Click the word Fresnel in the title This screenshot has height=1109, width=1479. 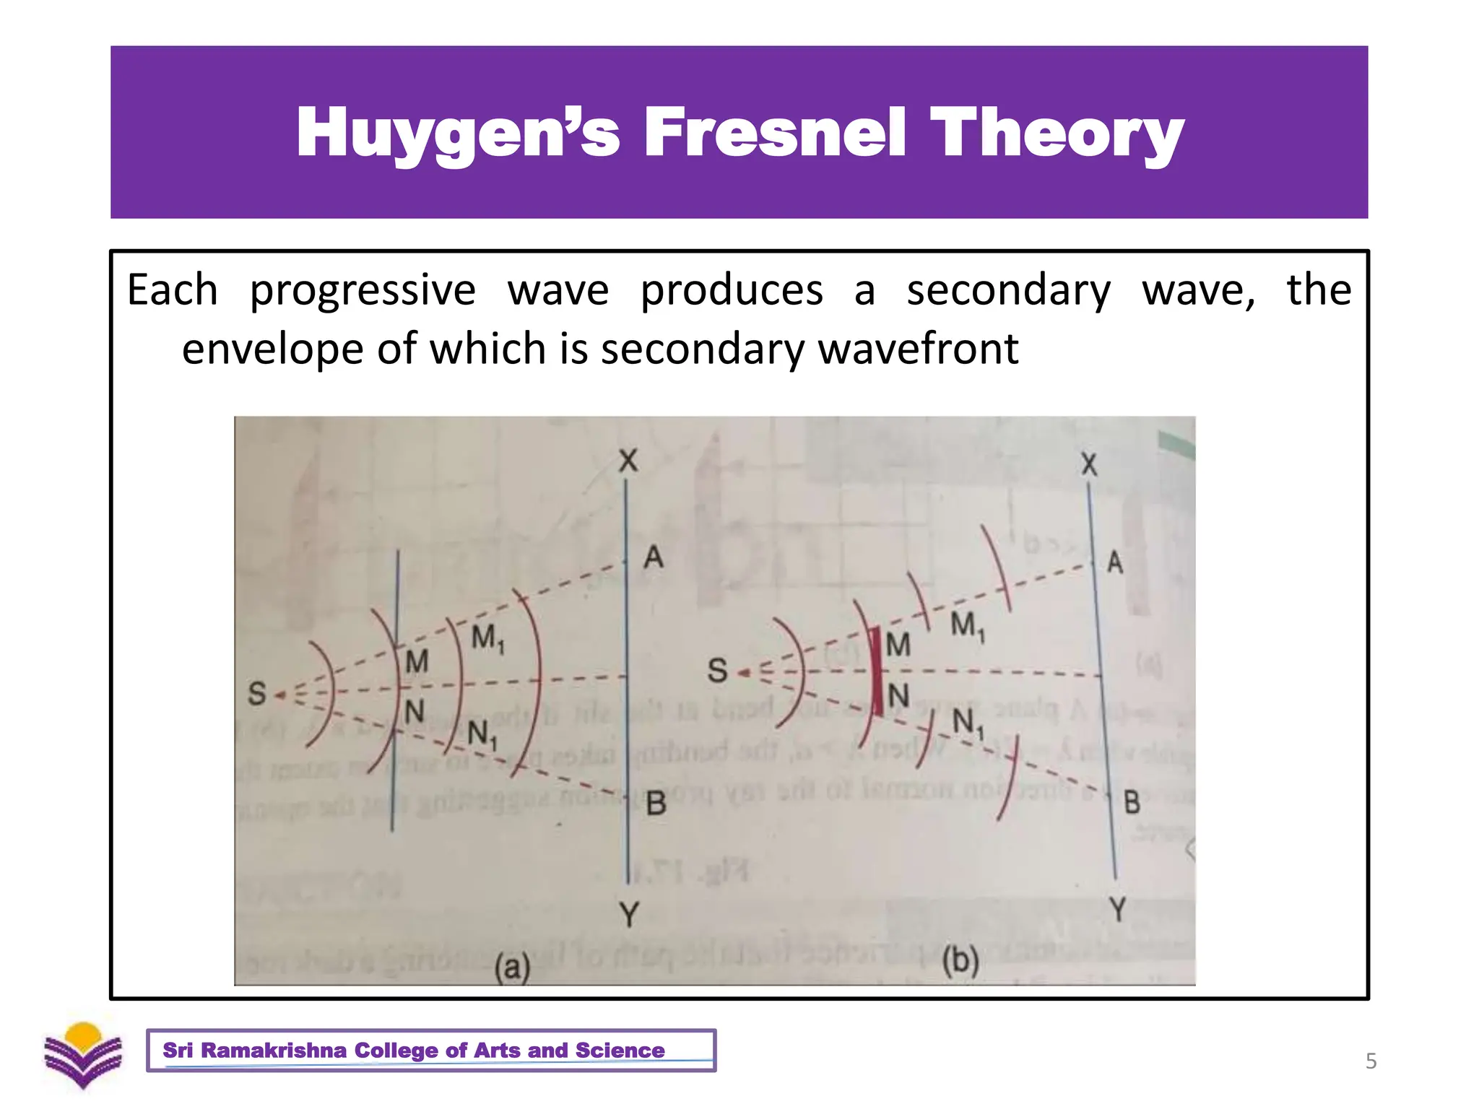(774, 132)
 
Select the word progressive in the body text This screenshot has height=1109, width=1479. (363, 291)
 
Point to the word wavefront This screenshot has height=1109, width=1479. (918, 349)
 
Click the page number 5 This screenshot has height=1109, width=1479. (1371, 1061)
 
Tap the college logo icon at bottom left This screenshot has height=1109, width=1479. (83, 1054)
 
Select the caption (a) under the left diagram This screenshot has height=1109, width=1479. (512, 966)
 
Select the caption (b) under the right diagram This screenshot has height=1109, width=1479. (960, 961)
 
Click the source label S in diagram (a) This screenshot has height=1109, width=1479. (257, 694)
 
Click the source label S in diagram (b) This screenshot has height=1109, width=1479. (717, 670)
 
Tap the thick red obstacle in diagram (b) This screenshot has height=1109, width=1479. (876, 672)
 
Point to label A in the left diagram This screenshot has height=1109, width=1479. (653, 557)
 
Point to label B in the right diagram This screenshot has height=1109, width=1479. (1131, 802)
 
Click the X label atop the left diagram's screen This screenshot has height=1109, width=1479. (628, 461)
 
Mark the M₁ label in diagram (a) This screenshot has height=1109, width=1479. (487, 639)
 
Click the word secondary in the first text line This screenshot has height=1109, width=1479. (1008, 291)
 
